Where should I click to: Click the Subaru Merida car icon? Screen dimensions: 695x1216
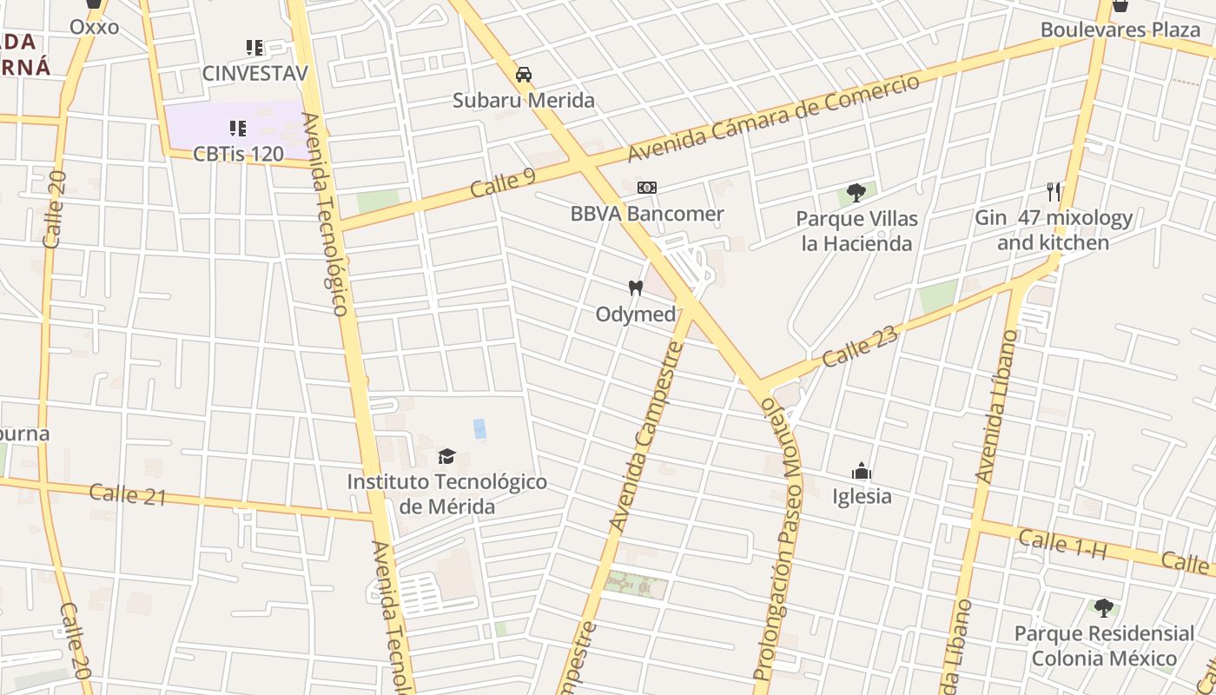tap(523, 75)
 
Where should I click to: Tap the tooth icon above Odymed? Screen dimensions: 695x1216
tap(636, 288)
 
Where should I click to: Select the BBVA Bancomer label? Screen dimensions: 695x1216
tap(647, 214)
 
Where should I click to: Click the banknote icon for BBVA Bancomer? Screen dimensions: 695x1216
tap(646, 188)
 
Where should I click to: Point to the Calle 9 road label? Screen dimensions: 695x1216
tap(503, 182)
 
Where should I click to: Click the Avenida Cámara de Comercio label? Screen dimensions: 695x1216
tap(773, 118)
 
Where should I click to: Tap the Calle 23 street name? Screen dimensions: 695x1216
tap(860, 346)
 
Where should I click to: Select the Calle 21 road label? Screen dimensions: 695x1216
tap(127, 494)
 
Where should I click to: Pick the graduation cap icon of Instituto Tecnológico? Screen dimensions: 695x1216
tap(446, 456)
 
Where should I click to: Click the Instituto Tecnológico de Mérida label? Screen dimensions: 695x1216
tap(446, 493)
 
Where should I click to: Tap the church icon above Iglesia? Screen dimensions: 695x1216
tap(862, 471)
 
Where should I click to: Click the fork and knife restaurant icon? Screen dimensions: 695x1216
tap(1053, 191)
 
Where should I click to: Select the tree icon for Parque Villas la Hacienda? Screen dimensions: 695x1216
tap(856, 192)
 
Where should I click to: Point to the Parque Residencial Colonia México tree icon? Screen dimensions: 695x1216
tap(1103, 607)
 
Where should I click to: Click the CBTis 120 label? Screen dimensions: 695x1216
tap(238, 154)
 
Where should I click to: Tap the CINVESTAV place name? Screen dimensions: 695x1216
tap(254, 73)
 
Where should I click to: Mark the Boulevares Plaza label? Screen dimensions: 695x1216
tap(1120, 30)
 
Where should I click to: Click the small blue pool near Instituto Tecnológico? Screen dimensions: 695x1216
tap(479, 428)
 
